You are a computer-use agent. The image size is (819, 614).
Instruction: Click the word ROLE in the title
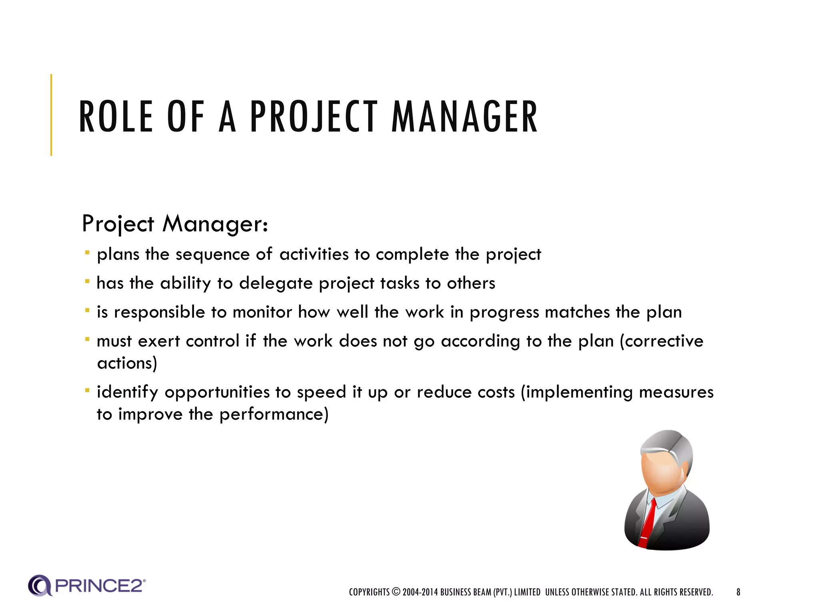116,117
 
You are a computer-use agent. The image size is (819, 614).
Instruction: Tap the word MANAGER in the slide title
464,117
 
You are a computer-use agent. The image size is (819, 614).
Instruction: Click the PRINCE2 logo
87,586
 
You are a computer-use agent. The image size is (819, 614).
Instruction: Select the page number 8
738,592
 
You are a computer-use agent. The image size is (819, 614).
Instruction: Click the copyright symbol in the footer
396,592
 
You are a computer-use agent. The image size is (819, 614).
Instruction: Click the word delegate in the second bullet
276,283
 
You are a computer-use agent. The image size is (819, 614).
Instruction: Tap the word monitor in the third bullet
262,312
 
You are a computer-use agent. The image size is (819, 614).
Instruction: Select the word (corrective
661,341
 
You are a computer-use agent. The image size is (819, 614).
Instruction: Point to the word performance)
274,414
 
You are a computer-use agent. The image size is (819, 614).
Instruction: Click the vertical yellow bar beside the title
51,115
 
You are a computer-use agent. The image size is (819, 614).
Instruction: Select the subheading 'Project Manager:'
175,223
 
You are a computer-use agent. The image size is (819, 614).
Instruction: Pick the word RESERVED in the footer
696,592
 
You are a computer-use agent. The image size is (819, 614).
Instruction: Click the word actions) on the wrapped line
127,363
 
